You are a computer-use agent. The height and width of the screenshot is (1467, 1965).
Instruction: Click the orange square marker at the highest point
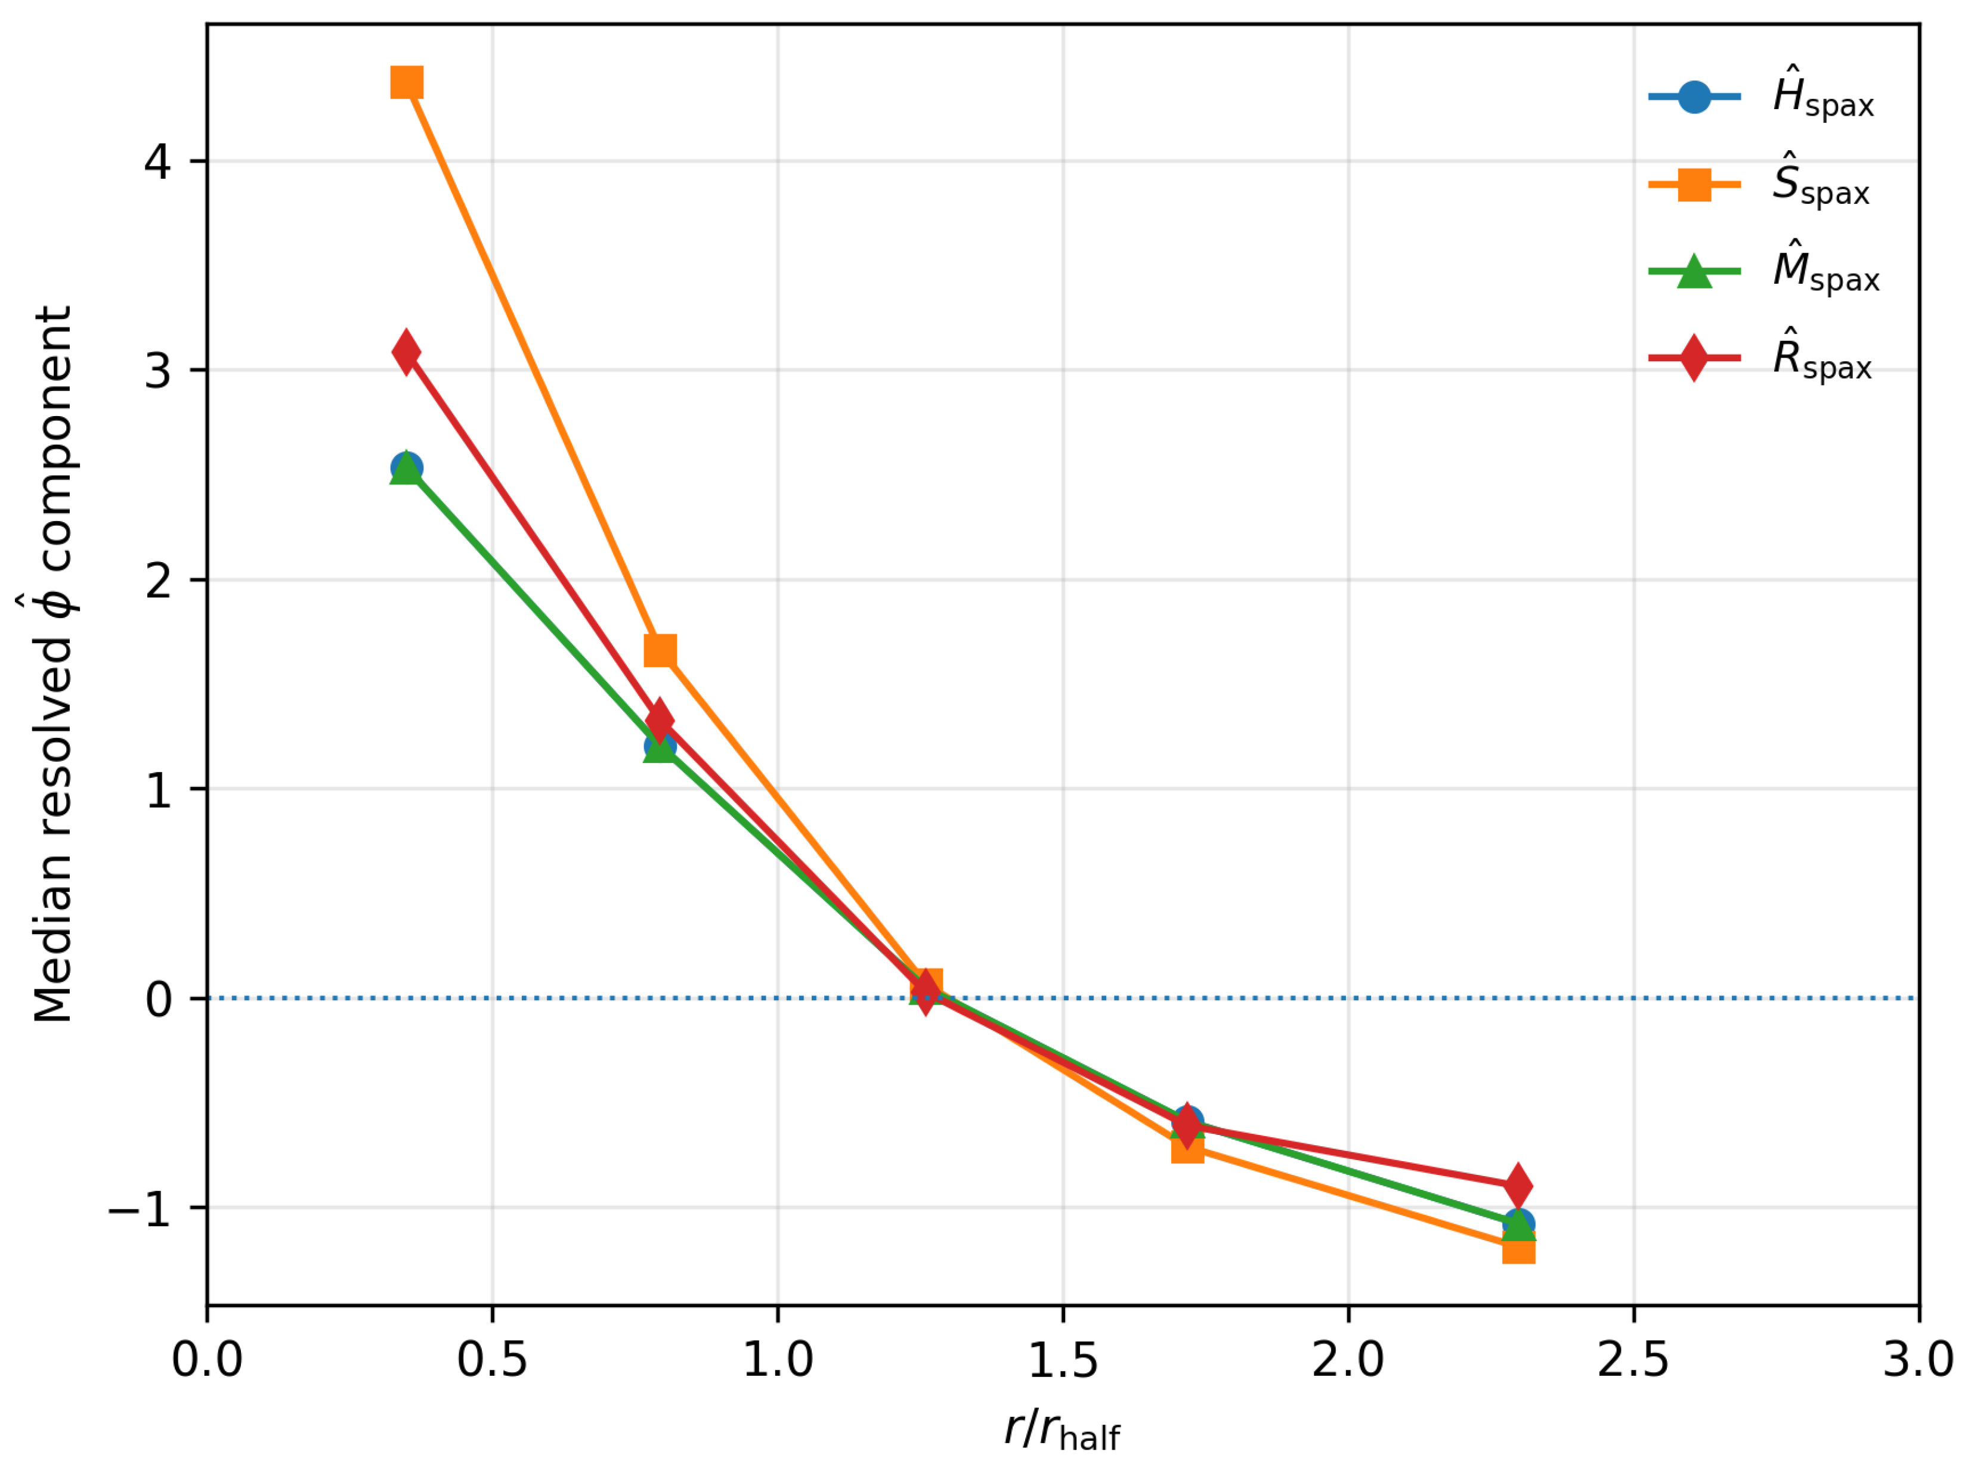[407, 83]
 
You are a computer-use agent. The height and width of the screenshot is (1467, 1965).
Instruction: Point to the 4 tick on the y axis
[158, 162]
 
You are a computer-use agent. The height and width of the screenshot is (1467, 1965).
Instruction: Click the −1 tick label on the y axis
[140, 1208]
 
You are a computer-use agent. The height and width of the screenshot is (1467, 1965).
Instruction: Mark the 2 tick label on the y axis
[158, 580]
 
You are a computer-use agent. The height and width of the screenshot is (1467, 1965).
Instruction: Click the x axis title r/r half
[1063, 1429]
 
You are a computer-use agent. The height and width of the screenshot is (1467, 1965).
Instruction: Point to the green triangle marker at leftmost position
[407, 468]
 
